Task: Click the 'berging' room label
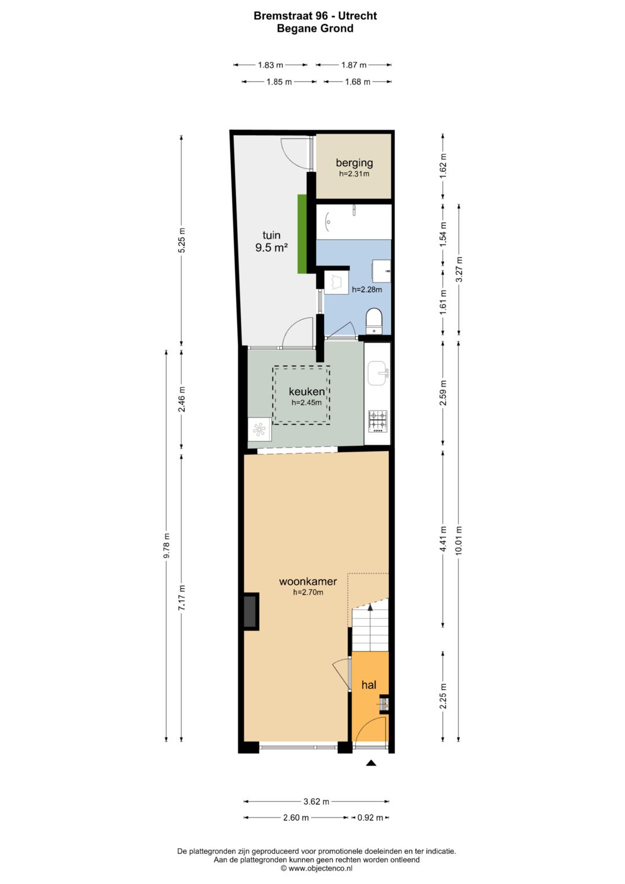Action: pos(354,163)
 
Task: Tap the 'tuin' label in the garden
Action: pos(271,235)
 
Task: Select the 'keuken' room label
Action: pos(307,392)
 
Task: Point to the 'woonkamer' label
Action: pos(308,581)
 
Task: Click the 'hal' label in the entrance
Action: pos(369,685)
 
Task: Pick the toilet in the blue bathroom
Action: pos(374,321)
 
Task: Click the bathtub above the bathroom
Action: pos(354,221)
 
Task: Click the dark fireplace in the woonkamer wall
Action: pos(251,611)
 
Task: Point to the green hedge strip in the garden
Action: pos(302,234)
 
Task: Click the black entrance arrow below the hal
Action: pos(371,763)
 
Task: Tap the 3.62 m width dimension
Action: pos(316,802)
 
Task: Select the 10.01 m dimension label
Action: pos(459,540)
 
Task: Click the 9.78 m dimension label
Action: pos(167,545)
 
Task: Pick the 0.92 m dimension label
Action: pos(370,818)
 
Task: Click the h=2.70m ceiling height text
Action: pos(308,592)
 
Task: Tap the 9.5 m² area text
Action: pos(271,248)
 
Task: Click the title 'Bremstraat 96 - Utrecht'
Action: pos(315,16)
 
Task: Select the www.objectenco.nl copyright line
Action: pos(316,868)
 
